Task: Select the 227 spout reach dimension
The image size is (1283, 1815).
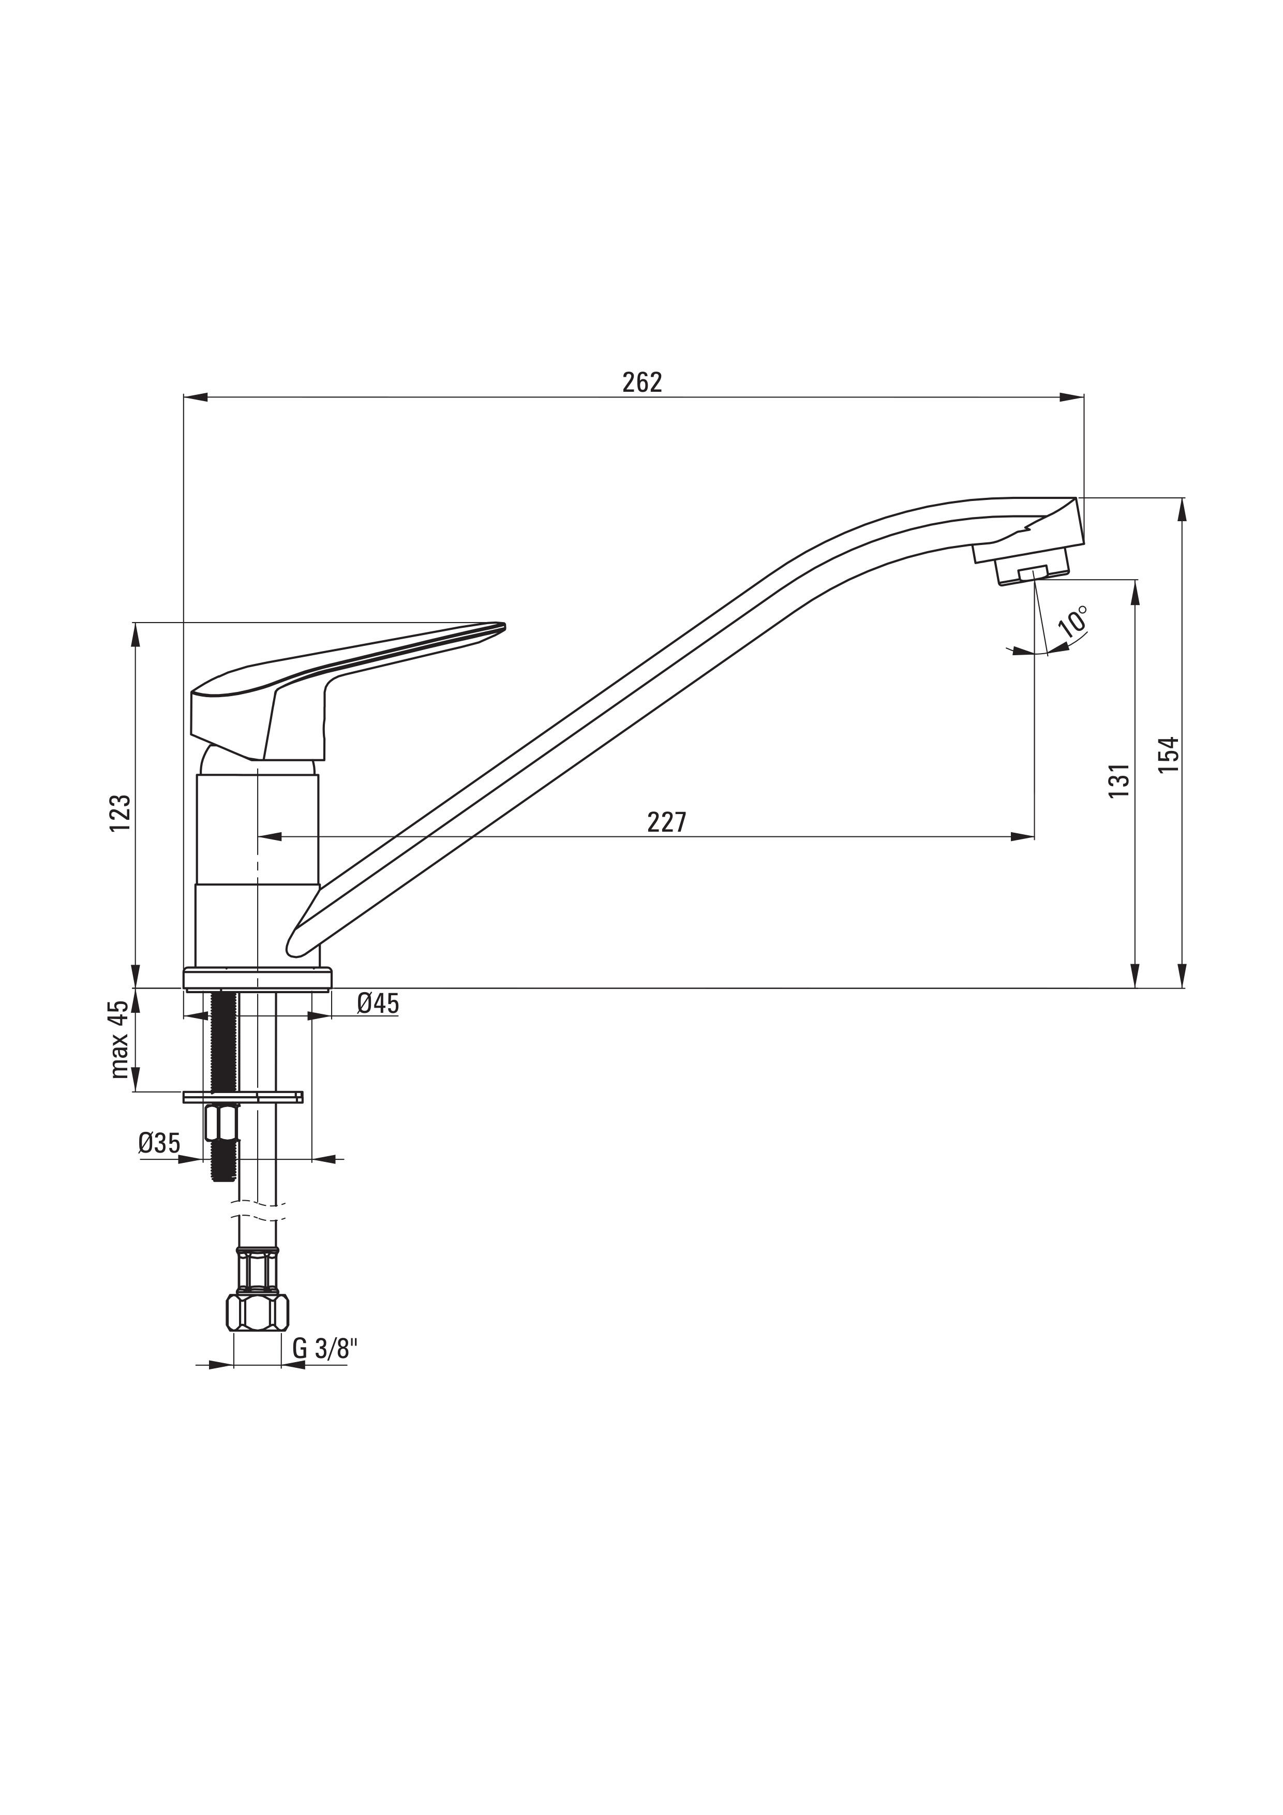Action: (x=667, y=823)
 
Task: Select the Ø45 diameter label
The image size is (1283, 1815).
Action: (x=378, y=1004)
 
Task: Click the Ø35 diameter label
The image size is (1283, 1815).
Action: (x=159, y=1143)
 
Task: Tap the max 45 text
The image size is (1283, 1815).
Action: (x=120, y=1040)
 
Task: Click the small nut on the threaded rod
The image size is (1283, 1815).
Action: (x=222, y=1123)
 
